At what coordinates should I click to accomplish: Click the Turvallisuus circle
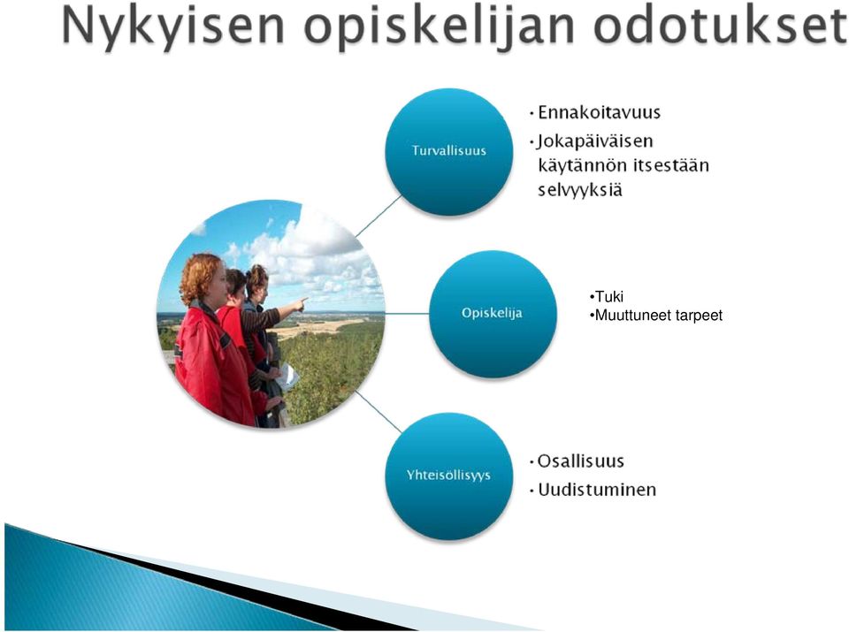449,152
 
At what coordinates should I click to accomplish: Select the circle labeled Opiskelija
493,314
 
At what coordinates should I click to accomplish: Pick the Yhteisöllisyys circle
449,476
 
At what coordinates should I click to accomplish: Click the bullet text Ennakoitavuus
599,112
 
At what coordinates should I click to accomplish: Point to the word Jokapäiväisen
595,141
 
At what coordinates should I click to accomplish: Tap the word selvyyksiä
580,190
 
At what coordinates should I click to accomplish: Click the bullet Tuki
609,296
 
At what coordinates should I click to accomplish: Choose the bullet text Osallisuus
580,461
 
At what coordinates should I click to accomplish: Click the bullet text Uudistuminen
597,490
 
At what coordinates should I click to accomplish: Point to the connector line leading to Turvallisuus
379,216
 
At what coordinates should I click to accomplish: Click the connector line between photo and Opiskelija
407,313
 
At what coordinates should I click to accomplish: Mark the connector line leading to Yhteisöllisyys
379,412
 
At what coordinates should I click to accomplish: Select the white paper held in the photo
287,377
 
